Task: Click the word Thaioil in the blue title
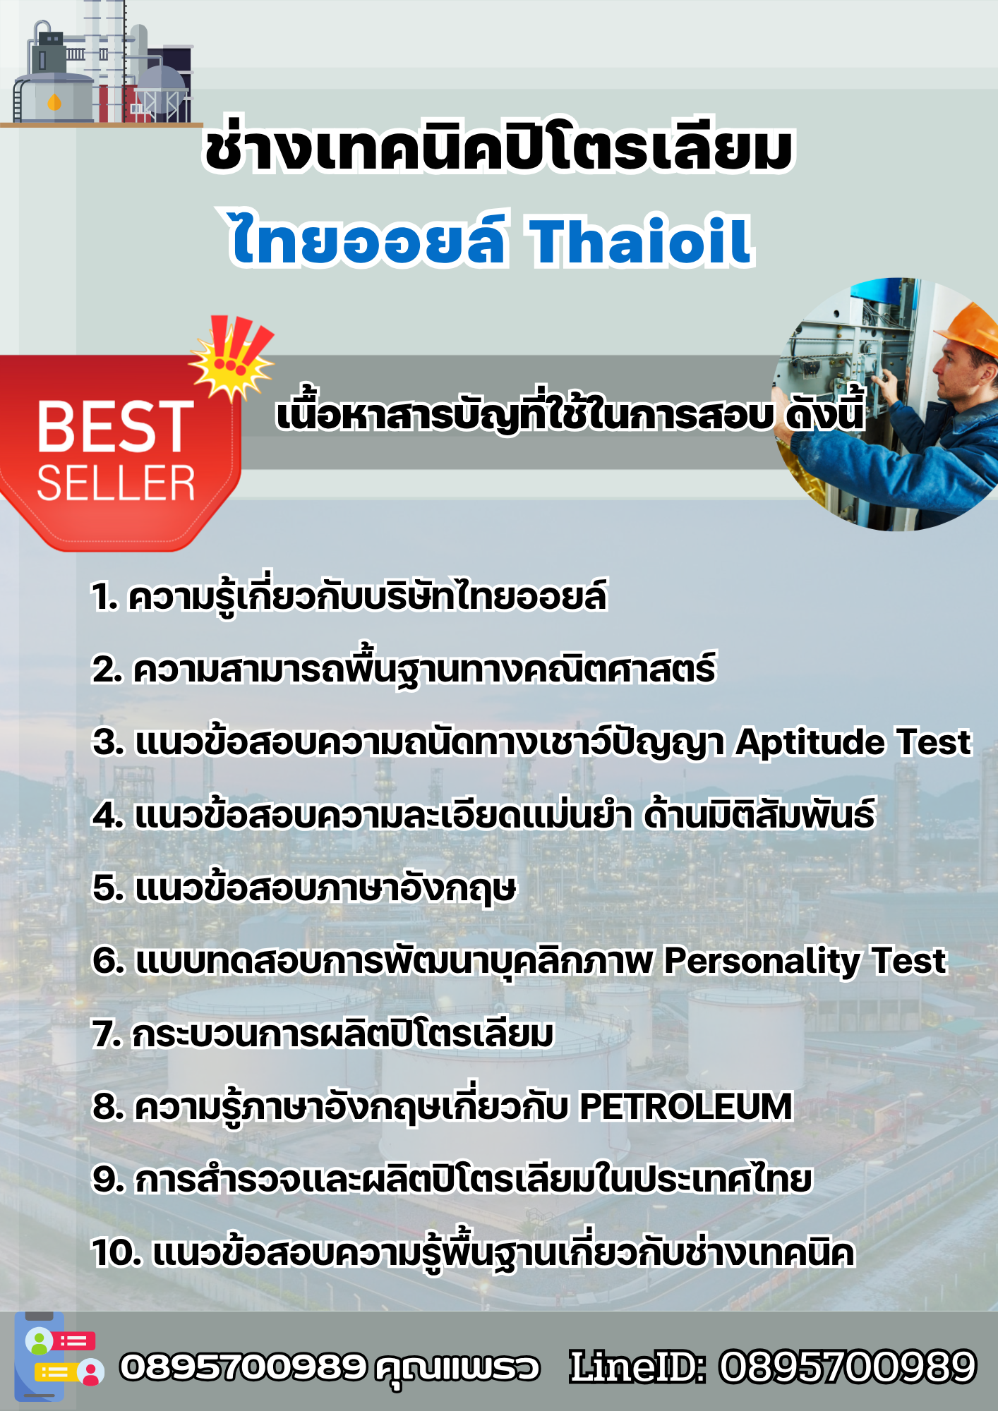coord(641,241)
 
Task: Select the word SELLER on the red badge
coord(116,483)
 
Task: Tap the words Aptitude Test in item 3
coord(853,742)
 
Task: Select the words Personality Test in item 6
coord(805,961)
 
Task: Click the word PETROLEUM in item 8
coord(685,1106)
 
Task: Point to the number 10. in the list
coord(117,1253)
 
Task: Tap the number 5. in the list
coord(108,888)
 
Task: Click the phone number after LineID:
coord(847,1367)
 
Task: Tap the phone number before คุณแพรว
coord(244,1367)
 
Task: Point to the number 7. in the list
coord(107,1034)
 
